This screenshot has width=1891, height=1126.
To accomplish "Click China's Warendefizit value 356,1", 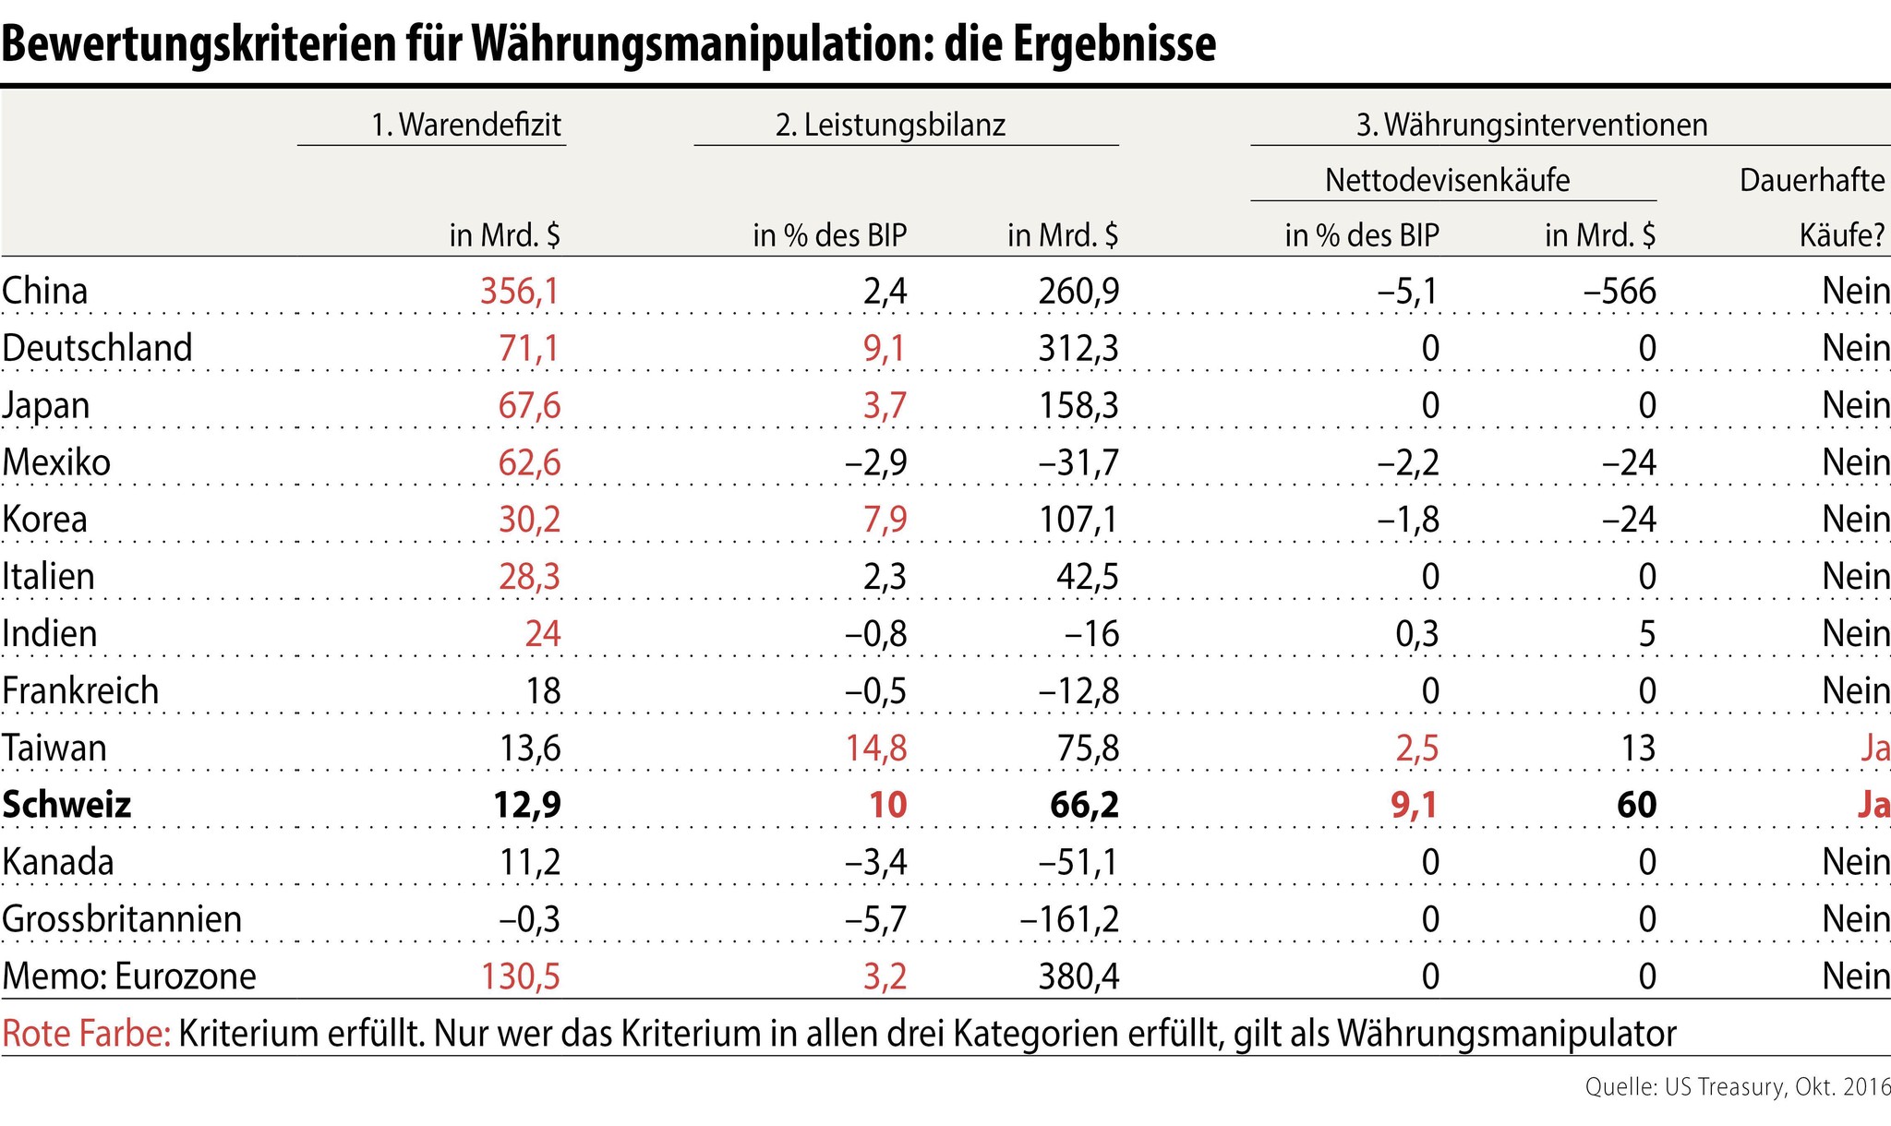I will (x=519, y=292).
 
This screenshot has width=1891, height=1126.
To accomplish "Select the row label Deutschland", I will (x=97, y=349).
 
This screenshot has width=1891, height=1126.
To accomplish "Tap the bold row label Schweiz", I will (x=66, y=805).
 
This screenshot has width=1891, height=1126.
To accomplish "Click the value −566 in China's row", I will (x=1620, y=292).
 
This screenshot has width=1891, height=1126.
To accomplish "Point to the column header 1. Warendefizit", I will (x=466, y=125).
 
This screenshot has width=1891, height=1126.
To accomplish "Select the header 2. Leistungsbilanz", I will (x=890, y=125).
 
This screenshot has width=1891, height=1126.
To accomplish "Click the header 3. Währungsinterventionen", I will (x=1531, y=125).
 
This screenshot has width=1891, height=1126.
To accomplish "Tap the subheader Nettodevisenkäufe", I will (x=1447, y=180).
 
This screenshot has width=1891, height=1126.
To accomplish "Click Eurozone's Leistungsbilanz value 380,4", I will (x=1078, y=976).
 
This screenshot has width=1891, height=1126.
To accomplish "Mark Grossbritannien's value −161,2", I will (x=1069, y=919).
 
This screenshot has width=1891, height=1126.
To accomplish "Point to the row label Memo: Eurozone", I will (x=129, y=976).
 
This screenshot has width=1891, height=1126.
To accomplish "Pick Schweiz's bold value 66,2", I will (x=1084, y=805).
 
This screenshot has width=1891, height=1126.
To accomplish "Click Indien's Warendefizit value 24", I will (x=542, y=634).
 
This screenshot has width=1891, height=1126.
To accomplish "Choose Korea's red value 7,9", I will (x=885, y=520).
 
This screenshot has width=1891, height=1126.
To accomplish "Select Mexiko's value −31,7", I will (x=1078, y=462).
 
